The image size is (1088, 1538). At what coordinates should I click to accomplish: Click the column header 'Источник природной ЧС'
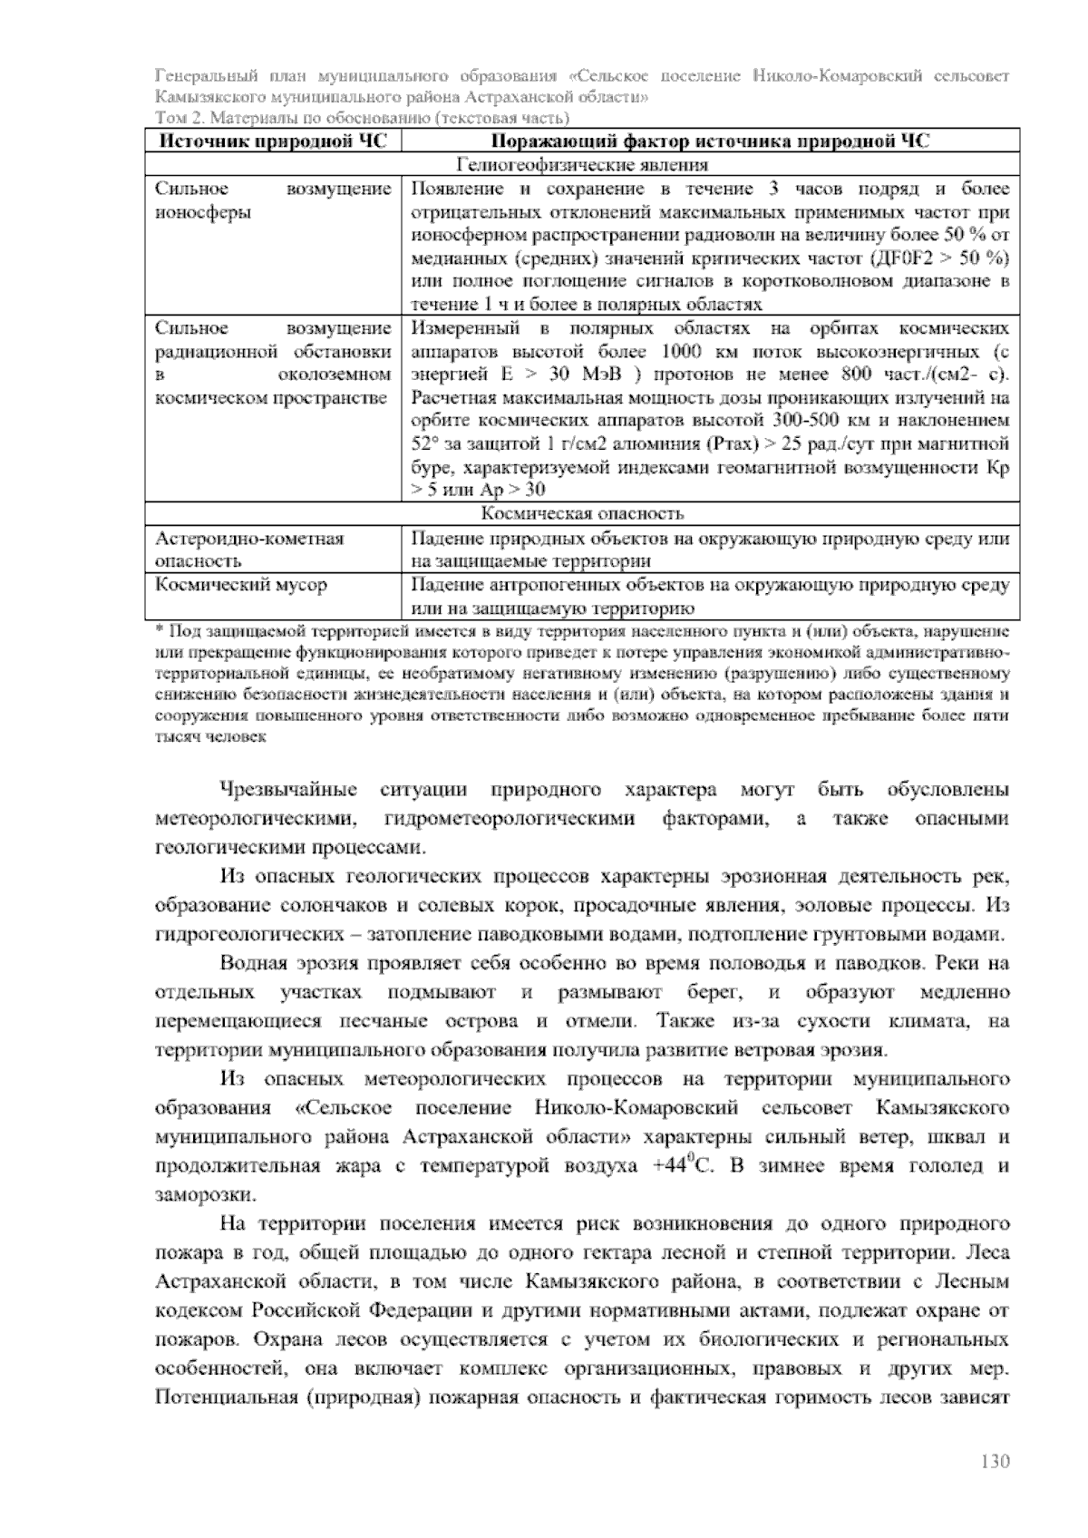click(273, 141)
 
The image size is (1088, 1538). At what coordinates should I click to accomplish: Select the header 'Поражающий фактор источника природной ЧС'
click(710, 141)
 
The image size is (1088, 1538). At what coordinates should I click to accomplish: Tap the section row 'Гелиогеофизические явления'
click(582, 165)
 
